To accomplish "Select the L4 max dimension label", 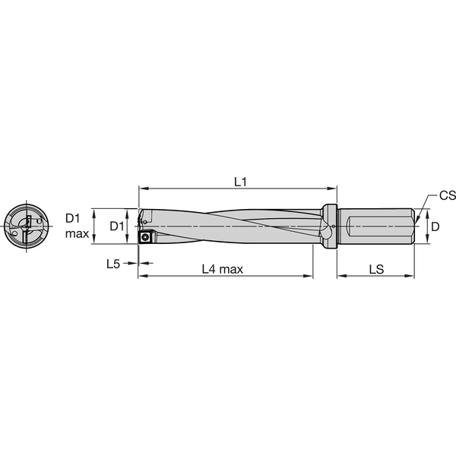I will tap(226, 269).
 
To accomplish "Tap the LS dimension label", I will tap(376, 269).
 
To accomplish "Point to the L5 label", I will tap(113, 264).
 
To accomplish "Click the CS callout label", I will tap(447, 195).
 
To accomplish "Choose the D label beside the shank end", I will tap(435, 226).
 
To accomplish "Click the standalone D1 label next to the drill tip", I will tap(116, 226).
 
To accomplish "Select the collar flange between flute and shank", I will tap(328, 226).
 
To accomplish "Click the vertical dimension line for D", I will tap(426, 226).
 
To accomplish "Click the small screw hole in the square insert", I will tap(144, 236).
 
